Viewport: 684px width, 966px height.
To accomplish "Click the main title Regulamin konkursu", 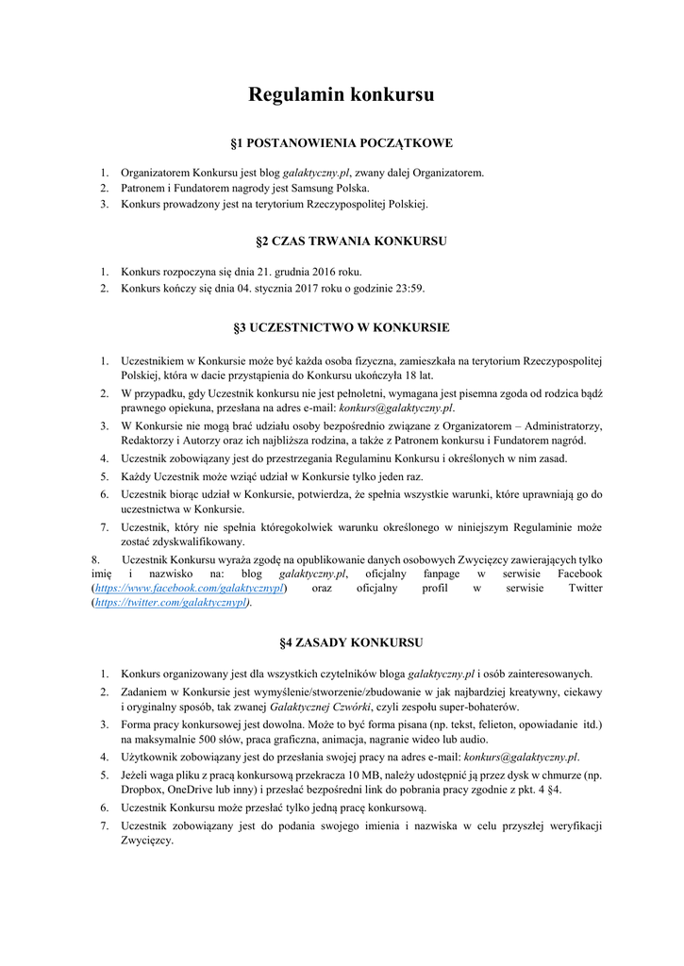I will point(342,95).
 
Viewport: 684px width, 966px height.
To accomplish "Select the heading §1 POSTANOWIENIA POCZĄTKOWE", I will point(342,143).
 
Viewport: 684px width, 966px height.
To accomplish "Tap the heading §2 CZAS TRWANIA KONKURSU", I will point(342,241).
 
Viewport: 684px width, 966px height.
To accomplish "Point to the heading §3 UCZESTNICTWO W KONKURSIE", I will point(342,328).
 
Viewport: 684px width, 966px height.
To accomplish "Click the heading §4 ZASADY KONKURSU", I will point(342,642).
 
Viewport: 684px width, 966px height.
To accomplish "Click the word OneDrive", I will point(204,790).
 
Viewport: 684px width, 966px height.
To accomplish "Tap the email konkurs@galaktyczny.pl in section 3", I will point(400,408).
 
